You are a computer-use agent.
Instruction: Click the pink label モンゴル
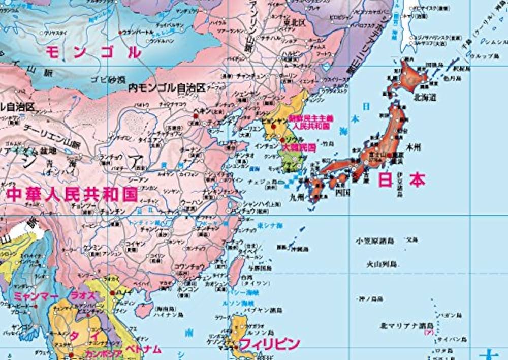point(93,52)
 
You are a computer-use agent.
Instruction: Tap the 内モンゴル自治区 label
point(167,87)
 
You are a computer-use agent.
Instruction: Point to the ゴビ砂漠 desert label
point(108,79)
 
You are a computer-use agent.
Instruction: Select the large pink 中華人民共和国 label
point(72,194)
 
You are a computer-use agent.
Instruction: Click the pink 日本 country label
point(401,179)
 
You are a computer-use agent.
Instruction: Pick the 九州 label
point(297,194)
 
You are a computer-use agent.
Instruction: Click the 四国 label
point(343,192)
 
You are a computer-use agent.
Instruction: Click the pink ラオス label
point(81,295)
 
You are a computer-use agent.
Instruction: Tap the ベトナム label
point(144,349)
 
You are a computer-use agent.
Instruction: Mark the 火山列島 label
point(383,264)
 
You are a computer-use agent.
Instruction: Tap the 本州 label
point(414,148)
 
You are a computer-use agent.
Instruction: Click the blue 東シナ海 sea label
point(267,225)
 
